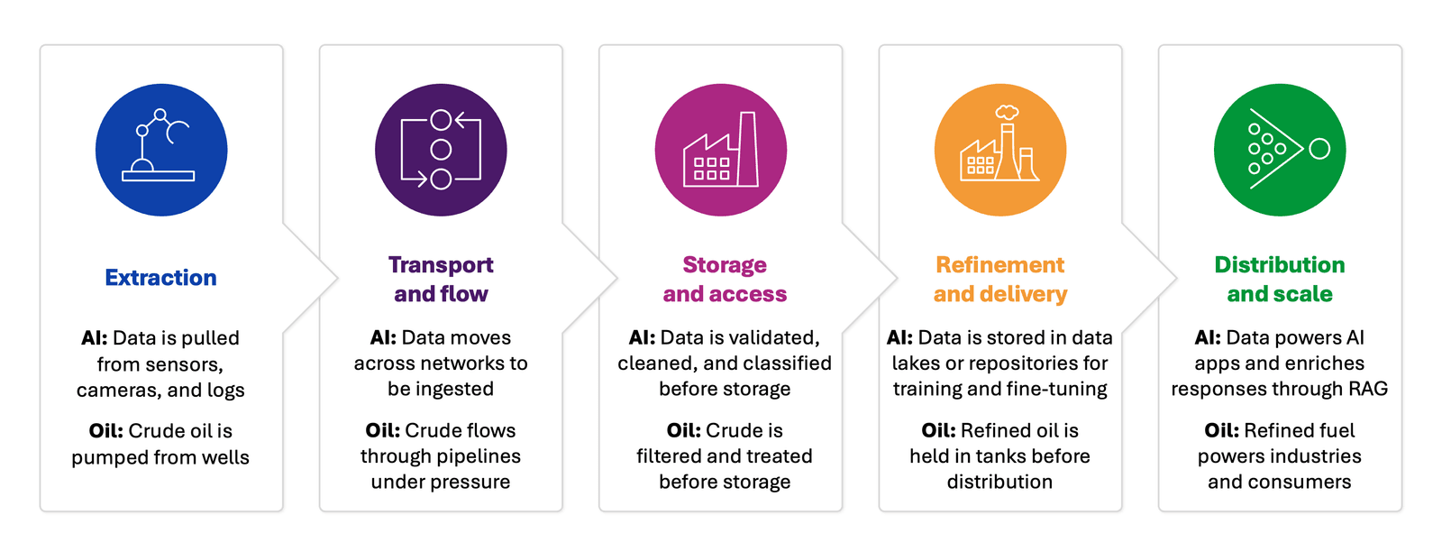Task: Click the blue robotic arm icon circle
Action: pyautogui.click(x=161, y=150)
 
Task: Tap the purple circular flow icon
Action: pyautogui.click(x=441, y=150)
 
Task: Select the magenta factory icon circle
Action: pyautogui.click(x=721, y=150)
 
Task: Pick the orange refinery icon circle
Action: pyautogui.click(x=1000, y=150)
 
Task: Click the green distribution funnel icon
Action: pyautogui.click(x=1280, y=150)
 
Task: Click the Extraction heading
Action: pyautogui.click(x=160, y=278)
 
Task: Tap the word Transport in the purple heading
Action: pyautogui.click(x=441, y=265)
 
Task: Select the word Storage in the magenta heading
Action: pyautogui.click(x=725, y=265)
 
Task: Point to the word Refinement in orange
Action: pyautogui.click(x=999, y=265)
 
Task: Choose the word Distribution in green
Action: pyautogui.click(x=1279, y=265)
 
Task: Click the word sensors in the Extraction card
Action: pyautogui.click(x=183, y=364)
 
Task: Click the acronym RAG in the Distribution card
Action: pyautogui.click(x=1367, y=389)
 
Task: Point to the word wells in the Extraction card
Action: pyautogui.click(x=225, y=457)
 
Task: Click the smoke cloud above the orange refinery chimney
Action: pyautogui.click(x=1007, y=112)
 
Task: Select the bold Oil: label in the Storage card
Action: pyautogui.click(x=683, y=430)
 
